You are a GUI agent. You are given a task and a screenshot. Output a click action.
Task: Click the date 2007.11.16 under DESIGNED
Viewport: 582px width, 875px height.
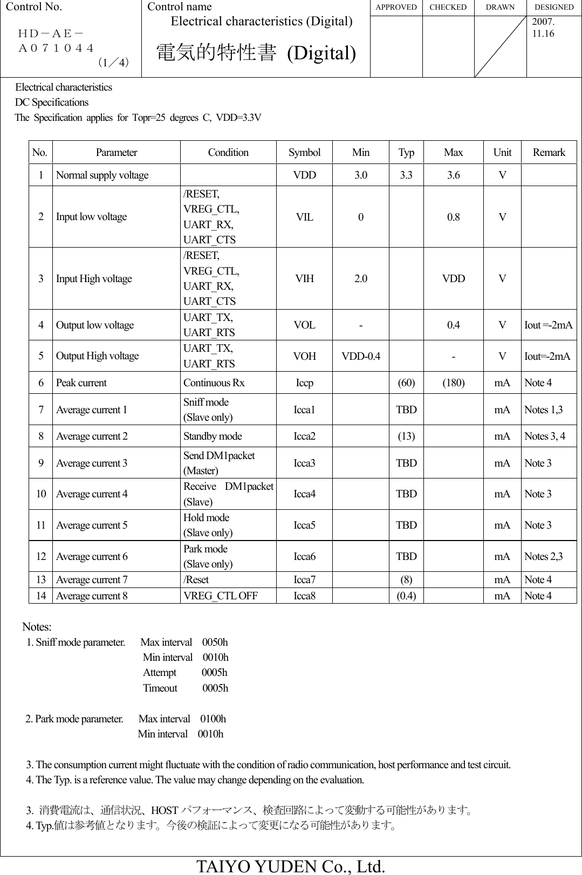(x=543, y=29)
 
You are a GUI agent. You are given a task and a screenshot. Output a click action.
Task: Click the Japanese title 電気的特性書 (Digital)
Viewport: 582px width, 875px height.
(x=256, y=53)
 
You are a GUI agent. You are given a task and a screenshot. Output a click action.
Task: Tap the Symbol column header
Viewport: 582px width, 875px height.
(x=304, y=153)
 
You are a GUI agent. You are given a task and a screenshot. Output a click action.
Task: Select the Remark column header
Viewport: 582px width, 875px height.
(x=549, y=153)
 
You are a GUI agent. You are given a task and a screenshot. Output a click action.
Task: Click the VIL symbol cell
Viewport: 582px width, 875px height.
(x=304, y=217)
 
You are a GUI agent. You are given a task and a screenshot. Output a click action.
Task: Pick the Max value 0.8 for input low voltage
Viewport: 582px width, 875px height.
(x=453, y=217)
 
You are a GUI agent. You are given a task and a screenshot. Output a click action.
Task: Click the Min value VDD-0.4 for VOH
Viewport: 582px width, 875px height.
(x=360, y=356)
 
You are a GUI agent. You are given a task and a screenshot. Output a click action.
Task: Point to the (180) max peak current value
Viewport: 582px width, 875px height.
(x=453, y=383)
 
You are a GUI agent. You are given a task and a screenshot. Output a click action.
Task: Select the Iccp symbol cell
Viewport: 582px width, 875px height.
(x=304, y=383)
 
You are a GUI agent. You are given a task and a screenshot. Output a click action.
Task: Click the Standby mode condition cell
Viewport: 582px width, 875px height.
(x=213, y=436)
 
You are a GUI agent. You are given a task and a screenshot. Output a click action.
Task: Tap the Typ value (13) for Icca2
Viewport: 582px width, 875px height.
(x=406, y=436)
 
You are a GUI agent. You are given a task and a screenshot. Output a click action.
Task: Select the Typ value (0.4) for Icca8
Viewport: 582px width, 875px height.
(x=406, y=596)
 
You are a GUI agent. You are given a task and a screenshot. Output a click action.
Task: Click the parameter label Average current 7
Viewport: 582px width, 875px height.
(x=92, y=580)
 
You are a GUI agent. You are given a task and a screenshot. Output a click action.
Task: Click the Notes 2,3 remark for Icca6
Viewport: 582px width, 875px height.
(x=543, y=556)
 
